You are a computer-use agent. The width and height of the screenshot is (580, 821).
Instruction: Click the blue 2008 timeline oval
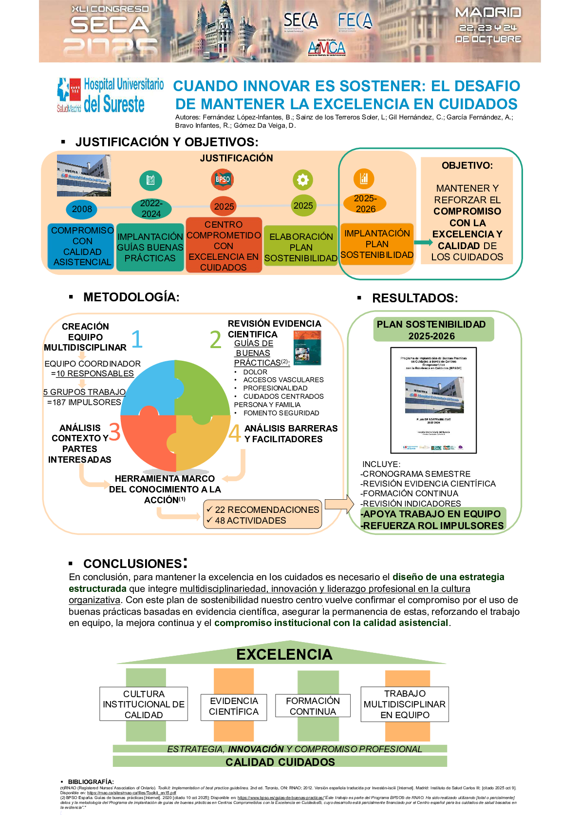(82, 209)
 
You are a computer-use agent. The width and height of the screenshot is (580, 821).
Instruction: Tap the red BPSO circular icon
(223, 179)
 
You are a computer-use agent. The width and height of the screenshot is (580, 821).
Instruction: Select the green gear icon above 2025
(302, 180)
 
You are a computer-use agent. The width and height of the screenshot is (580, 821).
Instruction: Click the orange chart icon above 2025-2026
(364, 178)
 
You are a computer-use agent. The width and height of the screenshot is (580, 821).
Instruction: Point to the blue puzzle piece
(149, 388)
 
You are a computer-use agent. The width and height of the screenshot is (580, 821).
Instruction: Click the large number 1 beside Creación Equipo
(137, 339)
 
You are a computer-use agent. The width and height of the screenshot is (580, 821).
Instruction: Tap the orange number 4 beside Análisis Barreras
(235, 433)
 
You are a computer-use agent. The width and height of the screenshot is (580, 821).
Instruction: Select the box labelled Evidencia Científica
(234, 706)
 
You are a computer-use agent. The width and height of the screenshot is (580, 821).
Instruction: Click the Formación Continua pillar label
(313, 706)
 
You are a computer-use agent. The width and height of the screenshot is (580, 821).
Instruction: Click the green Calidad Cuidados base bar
(280, 762)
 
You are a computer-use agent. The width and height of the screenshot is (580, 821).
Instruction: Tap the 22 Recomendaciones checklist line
(263, 509)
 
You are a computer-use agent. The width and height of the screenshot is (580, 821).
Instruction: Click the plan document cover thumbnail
(433, 400)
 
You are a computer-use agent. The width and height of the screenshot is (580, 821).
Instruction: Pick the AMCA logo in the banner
(326, 48)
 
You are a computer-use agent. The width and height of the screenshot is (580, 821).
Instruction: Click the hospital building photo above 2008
(84, 176)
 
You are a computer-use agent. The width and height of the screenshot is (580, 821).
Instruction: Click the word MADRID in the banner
(488, 13)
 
